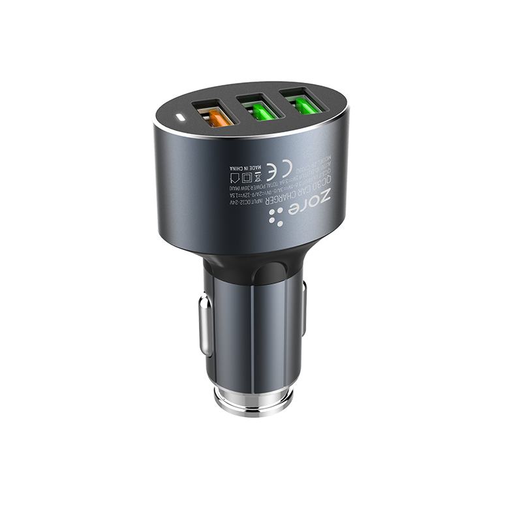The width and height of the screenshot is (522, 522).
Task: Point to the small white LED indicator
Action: [180, 119]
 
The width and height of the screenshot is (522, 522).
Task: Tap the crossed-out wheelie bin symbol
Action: [258, 176]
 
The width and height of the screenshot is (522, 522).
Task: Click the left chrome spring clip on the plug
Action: [205, 326]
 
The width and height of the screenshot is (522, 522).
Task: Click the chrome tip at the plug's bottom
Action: [251, 398]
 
